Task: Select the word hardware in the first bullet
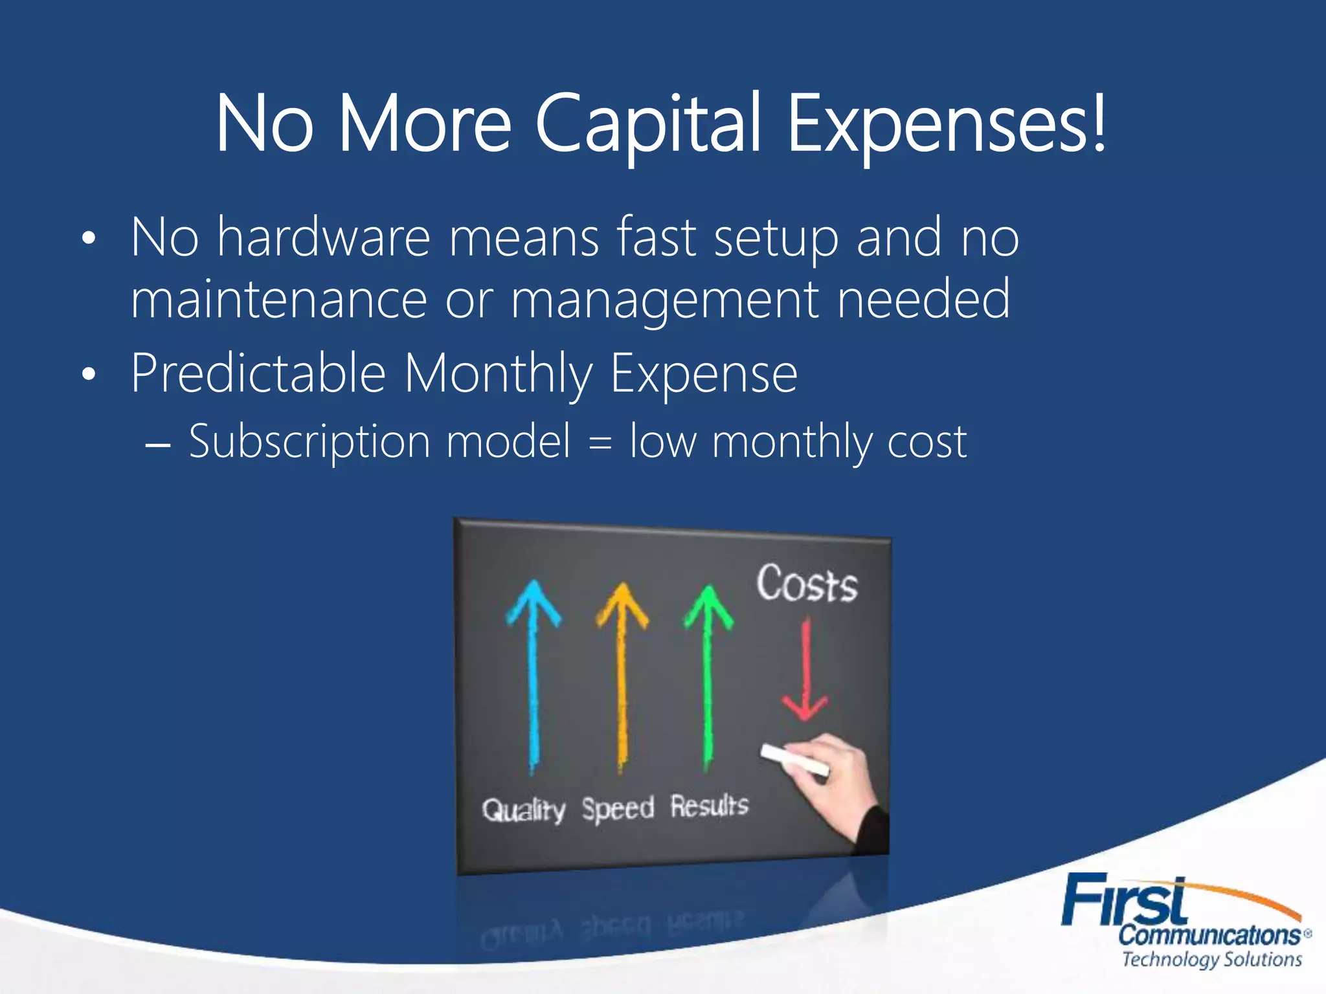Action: click(324, 237)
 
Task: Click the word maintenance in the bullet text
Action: click(278, 299)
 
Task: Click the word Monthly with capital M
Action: click(499, 373)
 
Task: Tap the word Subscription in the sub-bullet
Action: click(309, 442)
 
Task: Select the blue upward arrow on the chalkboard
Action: click(534, 673)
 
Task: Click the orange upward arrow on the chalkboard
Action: click(622, 673)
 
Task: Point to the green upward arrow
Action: click(708, 673)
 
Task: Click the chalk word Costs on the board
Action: click(807, 584)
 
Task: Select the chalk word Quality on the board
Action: click(524, 810)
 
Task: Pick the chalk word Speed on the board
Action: click(618, 808)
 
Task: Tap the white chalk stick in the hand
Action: click(794, 760)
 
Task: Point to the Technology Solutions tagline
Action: click(1211, 959)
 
